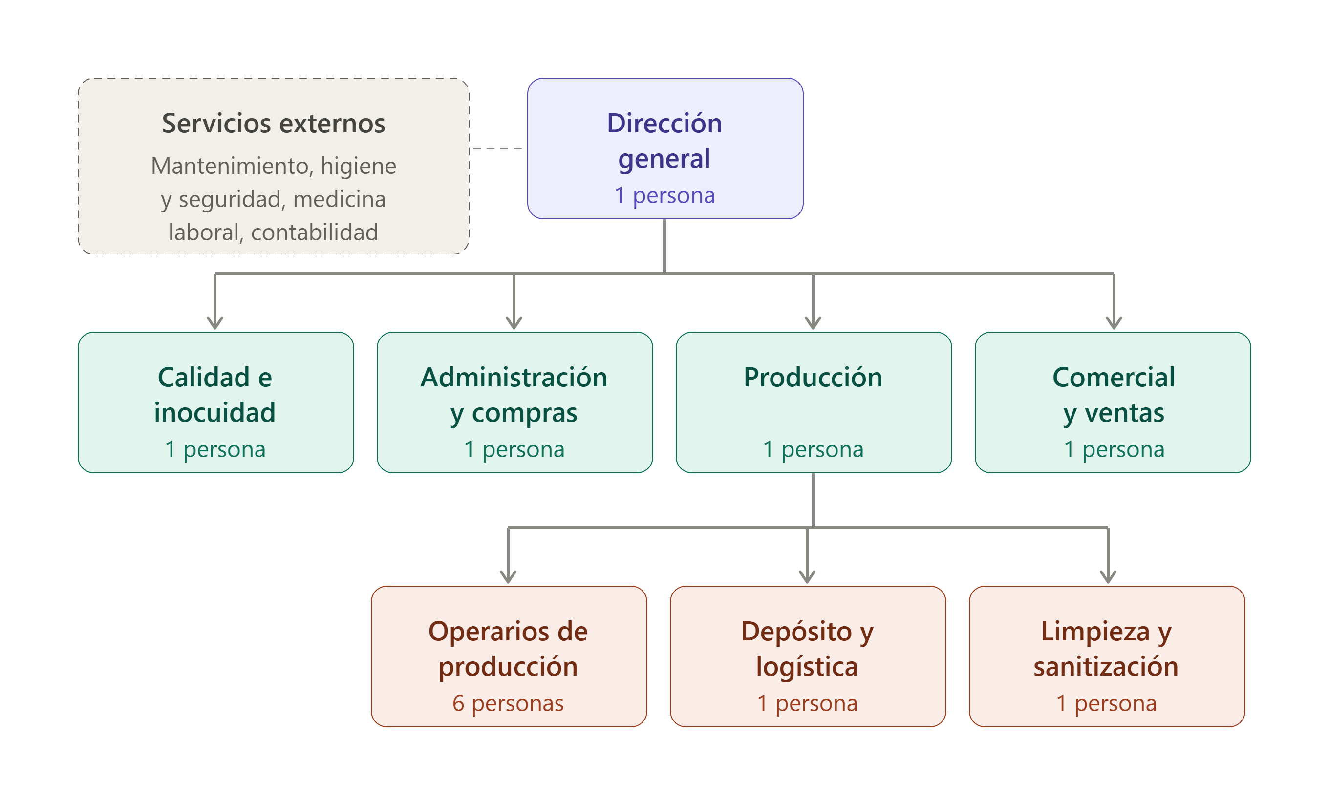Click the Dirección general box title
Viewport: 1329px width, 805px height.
point(664,141)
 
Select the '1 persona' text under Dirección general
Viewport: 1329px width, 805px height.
point(664,195)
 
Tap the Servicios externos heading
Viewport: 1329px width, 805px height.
point(274,123)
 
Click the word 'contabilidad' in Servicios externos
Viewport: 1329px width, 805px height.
point(315,233)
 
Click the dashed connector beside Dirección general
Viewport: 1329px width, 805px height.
point(497,148)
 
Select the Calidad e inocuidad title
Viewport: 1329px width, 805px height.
point(214,395)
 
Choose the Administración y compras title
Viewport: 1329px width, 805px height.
point(514,395)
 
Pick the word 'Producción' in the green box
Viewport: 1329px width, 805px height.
point(813,377)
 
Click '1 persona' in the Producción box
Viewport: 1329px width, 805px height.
point(813,449)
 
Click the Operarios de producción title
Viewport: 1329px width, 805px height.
point(508,649)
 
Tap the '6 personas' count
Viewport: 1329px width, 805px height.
point(508,703)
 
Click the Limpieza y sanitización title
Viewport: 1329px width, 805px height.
point(1106,649)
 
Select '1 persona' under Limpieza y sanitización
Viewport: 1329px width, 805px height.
point(1106,703)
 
